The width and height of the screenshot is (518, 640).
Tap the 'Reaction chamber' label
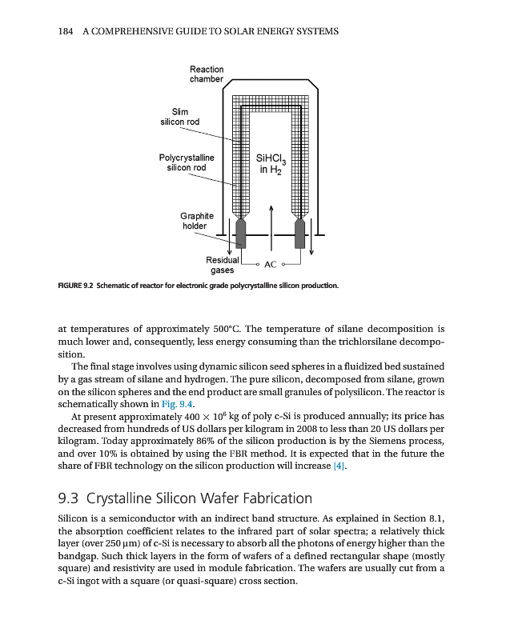click(x=207, y=74)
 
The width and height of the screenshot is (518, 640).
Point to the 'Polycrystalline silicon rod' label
click(x=186, y=162)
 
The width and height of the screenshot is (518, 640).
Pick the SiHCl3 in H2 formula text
click(x=271, y=163)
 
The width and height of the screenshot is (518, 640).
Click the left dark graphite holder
click(x=239, y=234)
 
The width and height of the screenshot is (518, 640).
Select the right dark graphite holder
click(x=301, y=234)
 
